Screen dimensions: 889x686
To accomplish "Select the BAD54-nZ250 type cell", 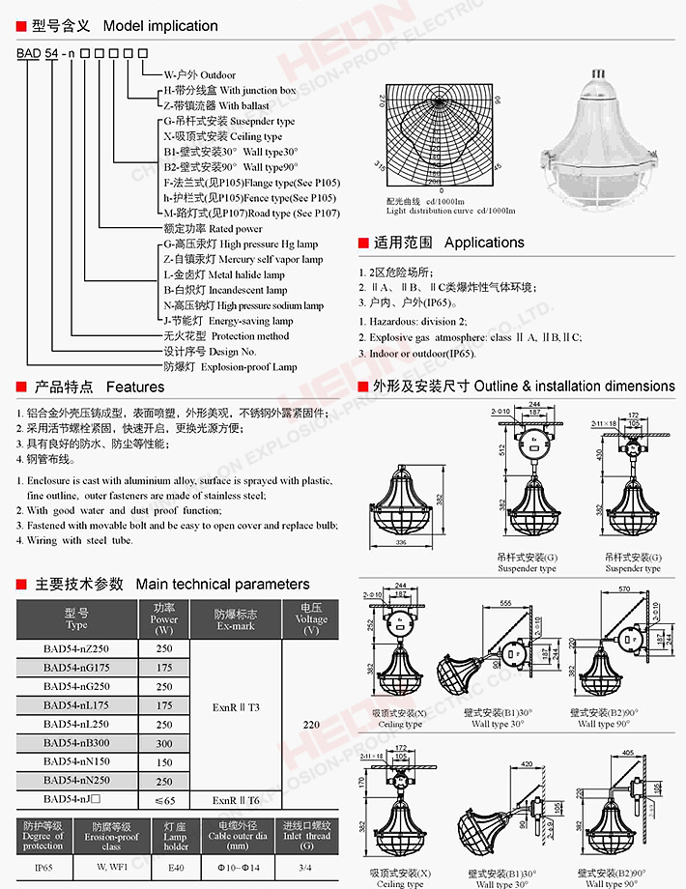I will tap(76, 649).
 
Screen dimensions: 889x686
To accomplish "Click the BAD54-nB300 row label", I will tap(76, 743).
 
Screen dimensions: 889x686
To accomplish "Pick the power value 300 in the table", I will tap(164, 743).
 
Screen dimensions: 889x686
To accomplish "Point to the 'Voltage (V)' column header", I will tap(311, 619).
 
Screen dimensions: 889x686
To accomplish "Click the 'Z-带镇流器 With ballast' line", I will tap(216, 106).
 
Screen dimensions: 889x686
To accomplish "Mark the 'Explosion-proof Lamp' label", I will tap(230, 367).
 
